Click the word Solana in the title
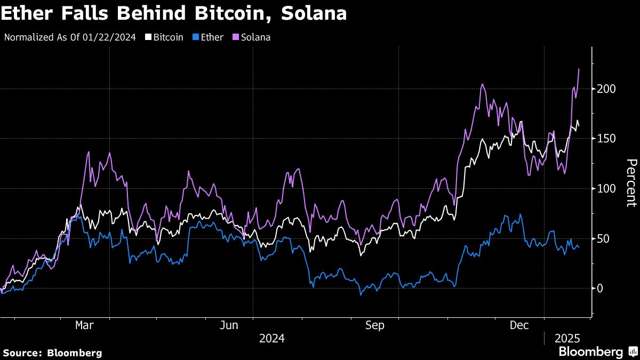pyautogui.click(x=314, y=13)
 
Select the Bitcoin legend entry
pyautogui.click(x=168, y=37)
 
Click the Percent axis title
pyautogui.click(x=631, y=183)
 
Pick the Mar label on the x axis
pyautogui.click(x=84, y=325)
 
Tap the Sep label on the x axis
pyautogui.click(x=374, y=325)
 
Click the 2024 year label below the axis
pyautogui.click(x=271, y=339)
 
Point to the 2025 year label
pyautogui.click(x=567, y=339)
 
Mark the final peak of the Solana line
pyautogui.click(x=579, y=69)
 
